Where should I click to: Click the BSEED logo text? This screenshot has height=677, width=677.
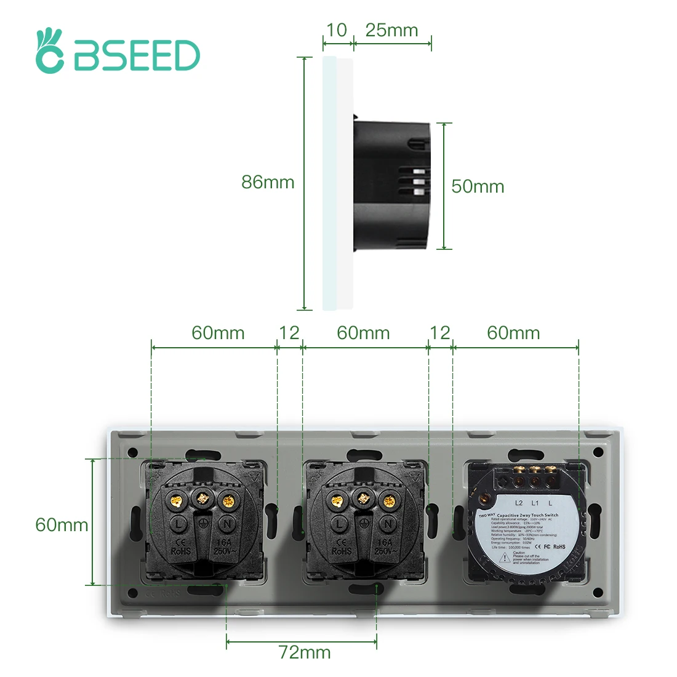[x=137, y=57]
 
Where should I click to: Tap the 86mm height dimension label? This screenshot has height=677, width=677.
[x=268, y=182]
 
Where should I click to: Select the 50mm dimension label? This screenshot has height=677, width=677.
[x=478, y=186]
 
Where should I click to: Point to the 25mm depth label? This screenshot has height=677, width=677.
[x=391, y=30]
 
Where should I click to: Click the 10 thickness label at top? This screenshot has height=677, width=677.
[x=337, y=30]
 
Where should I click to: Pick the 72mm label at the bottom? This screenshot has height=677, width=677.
[x=305, y=652]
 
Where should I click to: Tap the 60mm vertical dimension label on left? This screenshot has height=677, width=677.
[x=62, y=525]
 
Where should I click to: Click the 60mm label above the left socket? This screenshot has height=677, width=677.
[x=218, y=333]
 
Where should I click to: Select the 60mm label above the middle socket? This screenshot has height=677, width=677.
[x=363, y=333]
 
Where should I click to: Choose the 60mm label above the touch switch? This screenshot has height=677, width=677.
[x=513, y=333]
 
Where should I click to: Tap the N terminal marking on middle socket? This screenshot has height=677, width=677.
[x=388, y=524]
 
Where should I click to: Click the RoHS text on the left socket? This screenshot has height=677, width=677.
[x=180, y=551]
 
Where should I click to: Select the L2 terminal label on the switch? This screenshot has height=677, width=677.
[x=519, y=503]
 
